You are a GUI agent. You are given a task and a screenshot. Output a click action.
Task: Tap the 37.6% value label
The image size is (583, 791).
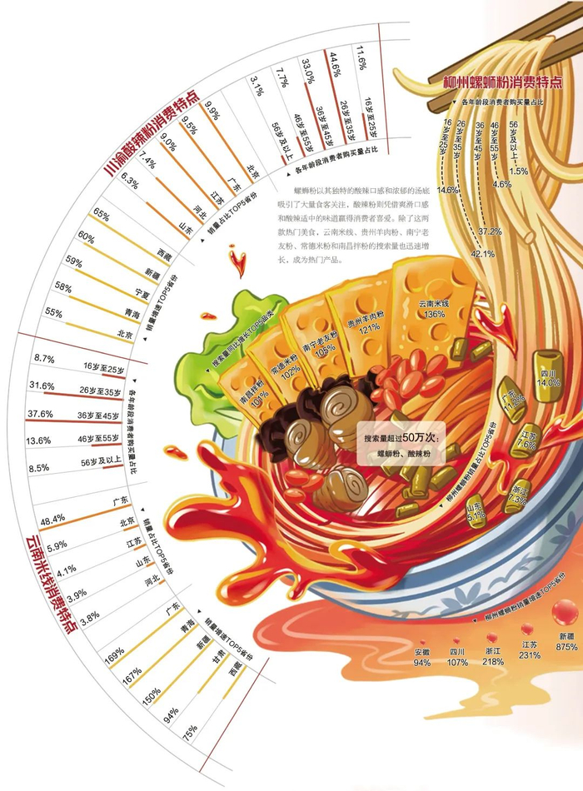(x=40, y=414)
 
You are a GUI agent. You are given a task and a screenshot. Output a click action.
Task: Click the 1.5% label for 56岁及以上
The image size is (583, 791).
(x=519, y=171)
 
